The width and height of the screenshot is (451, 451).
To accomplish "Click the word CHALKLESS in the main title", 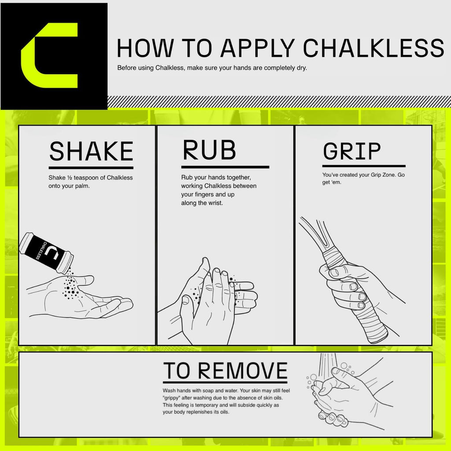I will pyautogui.click(x=374, y=48).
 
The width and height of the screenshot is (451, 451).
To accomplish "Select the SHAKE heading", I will pyautogui.click(x=91, y=152).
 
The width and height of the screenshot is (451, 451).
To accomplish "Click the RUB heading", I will pyautogui.click(x=209, y=151).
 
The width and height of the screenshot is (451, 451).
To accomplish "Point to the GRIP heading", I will pyautogui.click(x=351, y=152).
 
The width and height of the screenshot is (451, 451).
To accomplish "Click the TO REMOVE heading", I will pyautogui.click(x=225, y=372).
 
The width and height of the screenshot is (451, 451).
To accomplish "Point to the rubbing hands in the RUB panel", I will pyautogui.click(x=211, y=299).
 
